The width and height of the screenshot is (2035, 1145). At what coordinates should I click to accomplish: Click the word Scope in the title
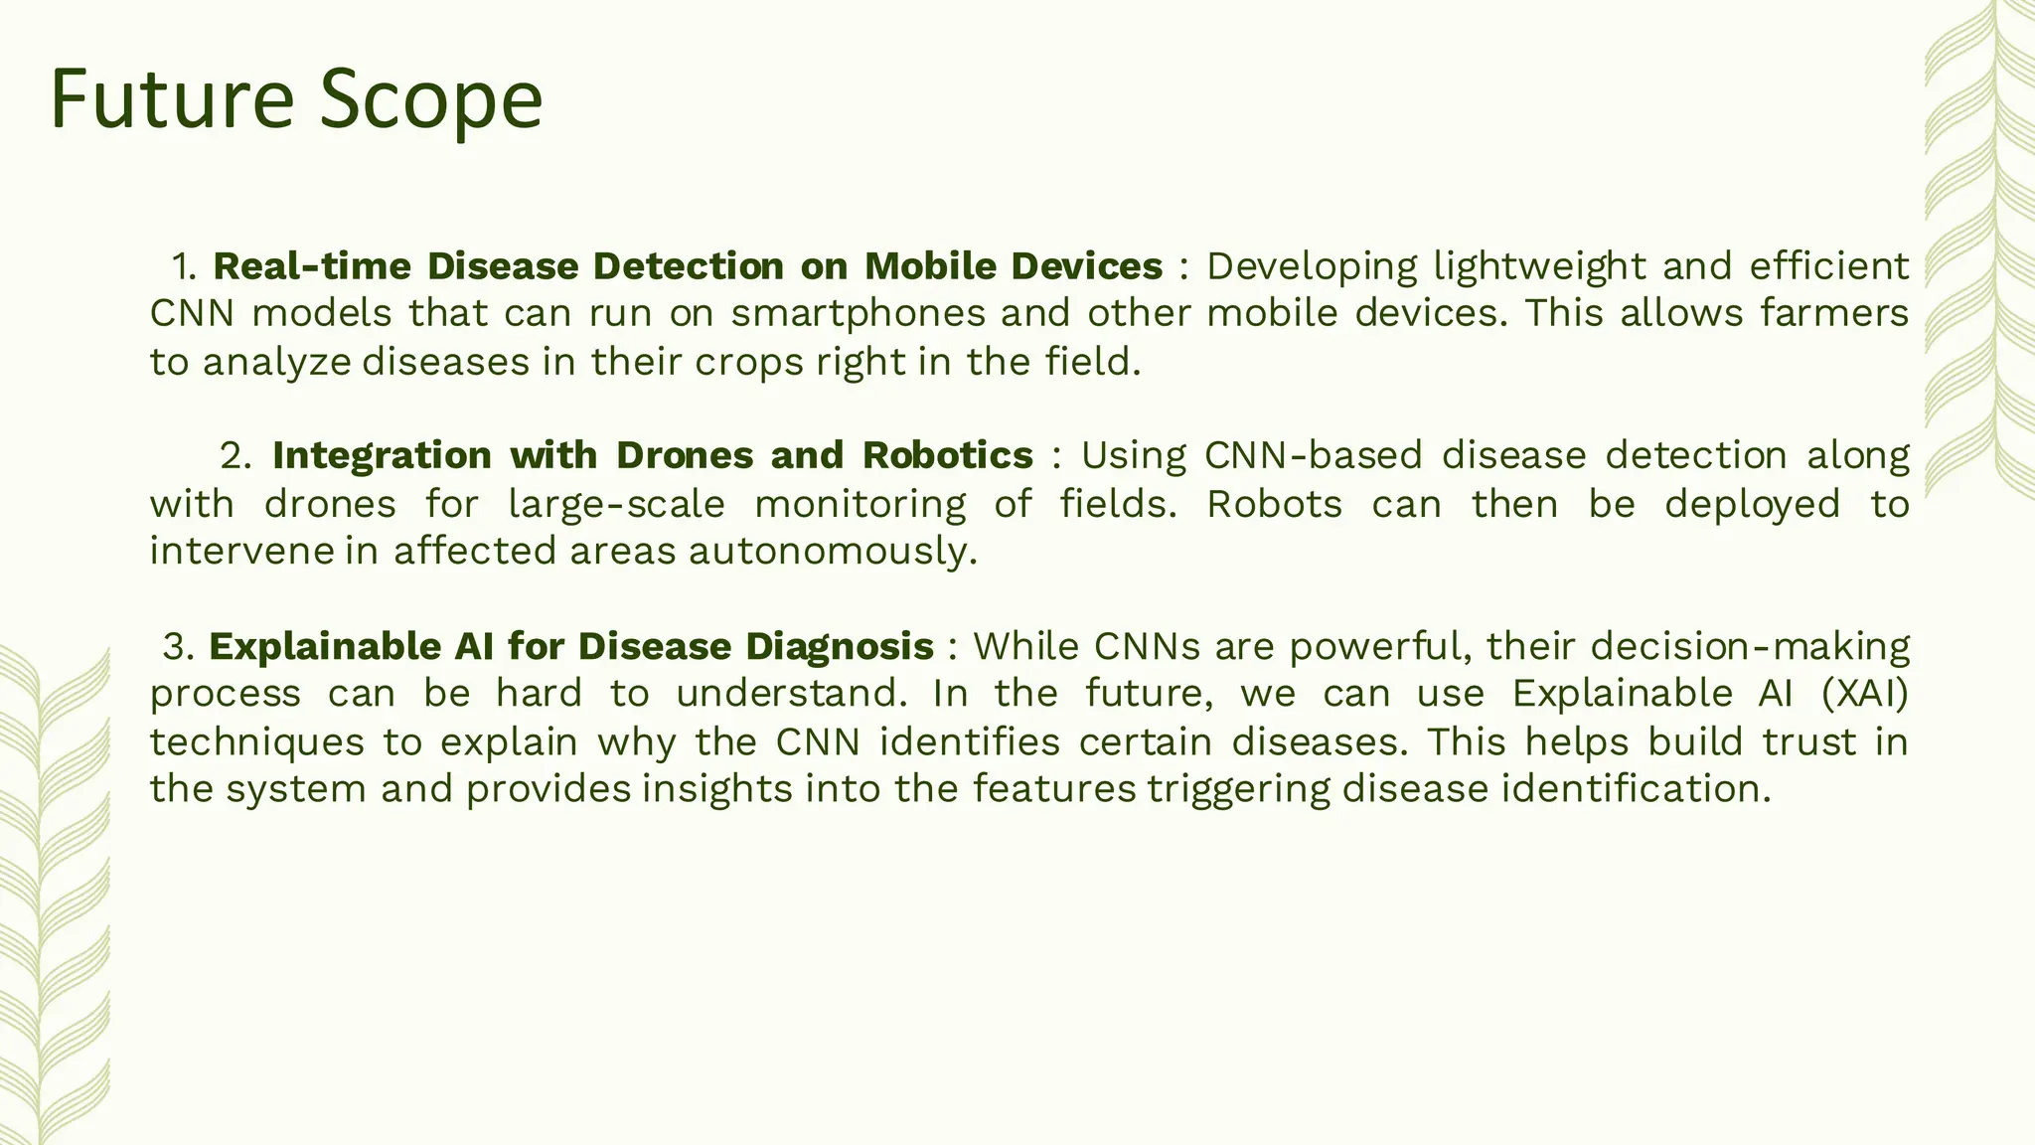pos(431,99)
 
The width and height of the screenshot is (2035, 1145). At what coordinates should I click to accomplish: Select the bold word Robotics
pos(948,455)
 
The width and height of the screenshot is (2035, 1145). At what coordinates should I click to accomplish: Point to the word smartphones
pos(859,314)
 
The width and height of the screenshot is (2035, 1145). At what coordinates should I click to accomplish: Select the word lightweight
pos(1539,266)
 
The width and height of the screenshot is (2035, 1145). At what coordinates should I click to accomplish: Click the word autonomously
pos(833,551)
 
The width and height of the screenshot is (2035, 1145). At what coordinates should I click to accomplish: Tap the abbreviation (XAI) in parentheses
pos(1865,694)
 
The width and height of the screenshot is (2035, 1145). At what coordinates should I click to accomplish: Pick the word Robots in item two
pos(1274,504)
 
